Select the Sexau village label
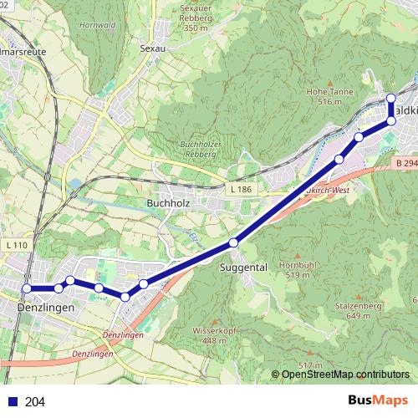155,48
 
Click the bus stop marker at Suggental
234,242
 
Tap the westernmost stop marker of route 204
27,288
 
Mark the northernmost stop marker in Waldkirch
391,99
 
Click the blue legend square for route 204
9,402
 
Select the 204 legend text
35,402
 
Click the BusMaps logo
375,401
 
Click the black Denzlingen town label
44,308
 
